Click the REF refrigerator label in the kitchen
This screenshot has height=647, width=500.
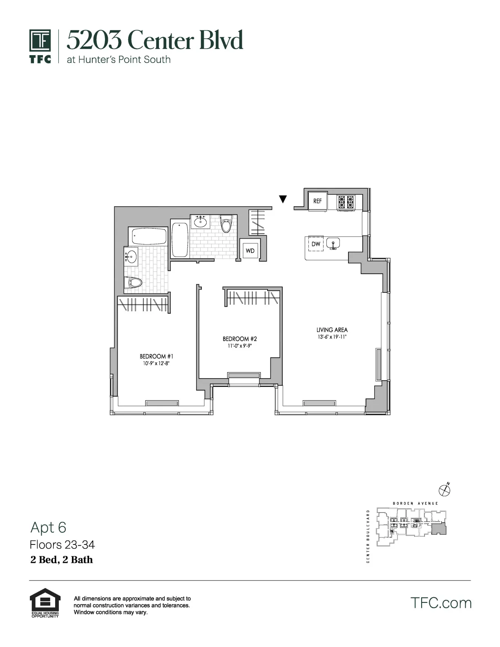(317, 201)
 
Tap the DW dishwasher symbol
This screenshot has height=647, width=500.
(315, 244)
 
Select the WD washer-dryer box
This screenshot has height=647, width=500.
(250, 251)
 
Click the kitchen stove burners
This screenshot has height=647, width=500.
(346, 202)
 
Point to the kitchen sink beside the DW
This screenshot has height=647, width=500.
(333, 243)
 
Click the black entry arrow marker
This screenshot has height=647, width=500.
(283, 199)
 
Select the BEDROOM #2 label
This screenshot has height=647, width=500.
(239, 339)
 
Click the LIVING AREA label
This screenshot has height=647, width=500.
(332, 330)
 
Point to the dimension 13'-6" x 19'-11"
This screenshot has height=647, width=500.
(332, 337)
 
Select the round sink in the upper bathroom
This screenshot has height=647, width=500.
(200, 222)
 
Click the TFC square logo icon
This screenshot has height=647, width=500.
(40, 41)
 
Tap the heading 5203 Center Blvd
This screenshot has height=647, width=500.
(155, 40)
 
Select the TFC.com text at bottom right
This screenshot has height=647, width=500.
(441, 603)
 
